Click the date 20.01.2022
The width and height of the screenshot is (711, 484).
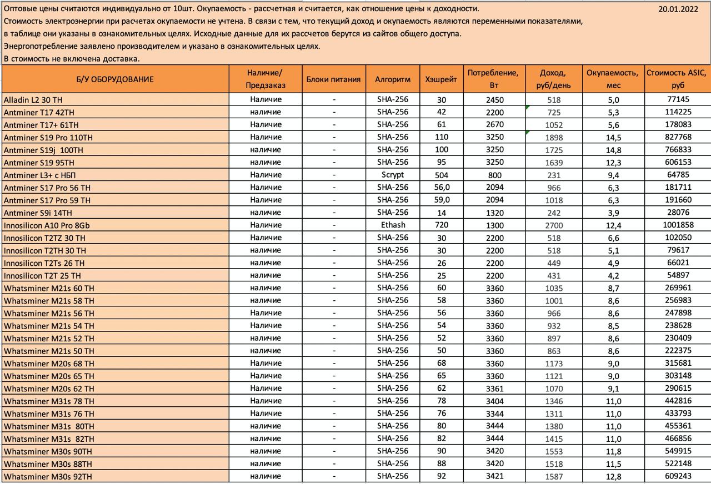point(678,8)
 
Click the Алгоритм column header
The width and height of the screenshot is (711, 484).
point(393,79)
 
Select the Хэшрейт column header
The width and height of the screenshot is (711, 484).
point(441,79)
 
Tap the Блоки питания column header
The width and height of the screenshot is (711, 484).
point(333,79)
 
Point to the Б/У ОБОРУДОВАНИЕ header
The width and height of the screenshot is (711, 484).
point(115,79)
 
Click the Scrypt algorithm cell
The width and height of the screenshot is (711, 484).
point(393,175)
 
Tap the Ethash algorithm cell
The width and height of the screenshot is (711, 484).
point(393,225)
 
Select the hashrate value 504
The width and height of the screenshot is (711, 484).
point(441,175)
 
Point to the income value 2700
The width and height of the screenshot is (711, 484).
point(554,225)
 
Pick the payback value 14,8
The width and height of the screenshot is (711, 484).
point(614,150)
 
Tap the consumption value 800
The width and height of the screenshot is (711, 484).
point(494,175)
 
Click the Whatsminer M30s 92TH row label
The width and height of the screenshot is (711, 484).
point(48,476)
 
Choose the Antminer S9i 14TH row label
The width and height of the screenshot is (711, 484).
point(38,213)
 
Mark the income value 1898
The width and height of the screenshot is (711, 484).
point(554,138)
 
